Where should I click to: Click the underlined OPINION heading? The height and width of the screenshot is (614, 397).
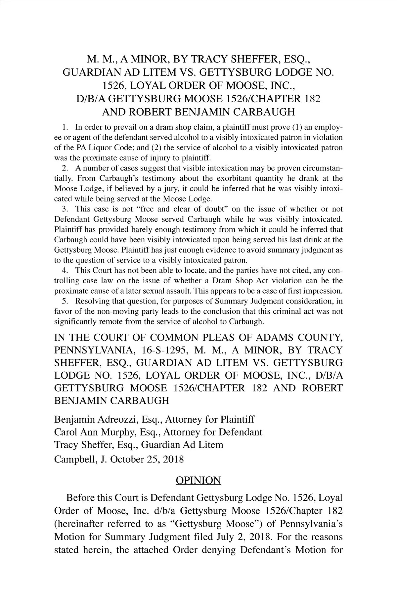click(x=198, y=480)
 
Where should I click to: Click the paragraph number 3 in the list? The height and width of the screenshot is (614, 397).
click(x=65, y=209)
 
